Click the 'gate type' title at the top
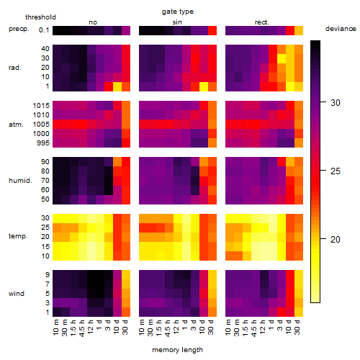178,12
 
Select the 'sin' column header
177,22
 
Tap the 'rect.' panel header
261,22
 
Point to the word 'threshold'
40,17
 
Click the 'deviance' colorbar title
341,29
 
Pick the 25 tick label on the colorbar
336,171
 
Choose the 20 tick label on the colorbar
336,239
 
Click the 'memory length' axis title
177,350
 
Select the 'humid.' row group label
20,181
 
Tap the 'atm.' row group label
16,125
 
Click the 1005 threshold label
41,125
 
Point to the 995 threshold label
43,143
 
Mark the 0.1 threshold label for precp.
44,30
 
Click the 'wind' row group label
17,294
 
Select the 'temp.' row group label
18,236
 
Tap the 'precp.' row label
19,29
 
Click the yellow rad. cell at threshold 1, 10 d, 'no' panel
117,86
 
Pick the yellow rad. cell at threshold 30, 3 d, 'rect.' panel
282,58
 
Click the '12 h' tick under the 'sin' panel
176,327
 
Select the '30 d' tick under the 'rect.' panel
297,327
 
